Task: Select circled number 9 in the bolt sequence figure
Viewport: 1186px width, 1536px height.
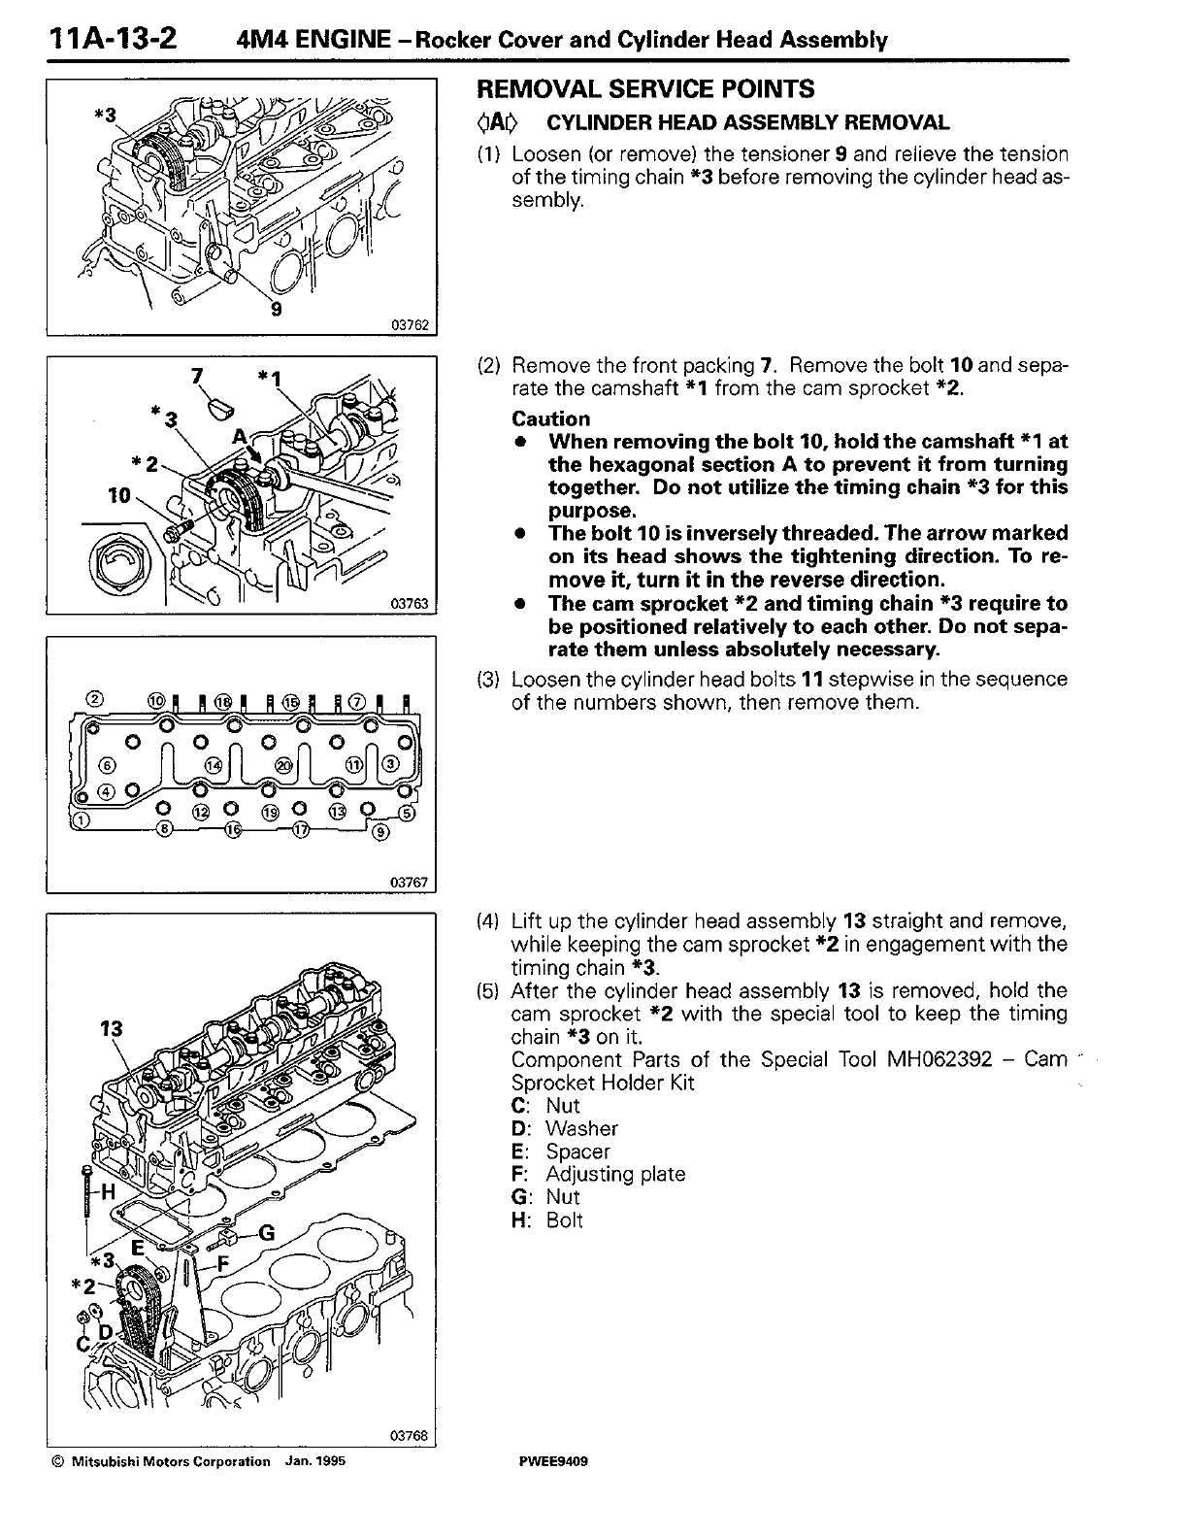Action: [x=380, y=830]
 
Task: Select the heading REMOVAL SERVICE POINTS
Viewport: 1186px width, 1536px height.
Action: [x=645, y=89]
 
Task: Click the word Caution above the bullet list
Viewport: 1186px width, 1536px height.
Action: [x=550, y=419]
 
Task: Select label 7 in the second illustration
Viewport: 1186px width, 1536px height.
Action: [x=200, y=373]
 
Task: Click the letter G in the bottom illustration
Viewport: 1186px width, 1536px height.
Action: [x=269, y=1232]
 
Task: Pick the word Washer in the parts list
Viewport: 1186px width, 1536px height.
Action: [x=581, y=1128]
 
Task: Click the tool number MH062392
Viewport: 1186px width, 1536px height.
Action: [x=939, y=1058]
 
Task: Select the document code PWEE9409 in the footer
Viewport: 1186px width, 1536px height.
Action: [x=555, y=1461]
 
